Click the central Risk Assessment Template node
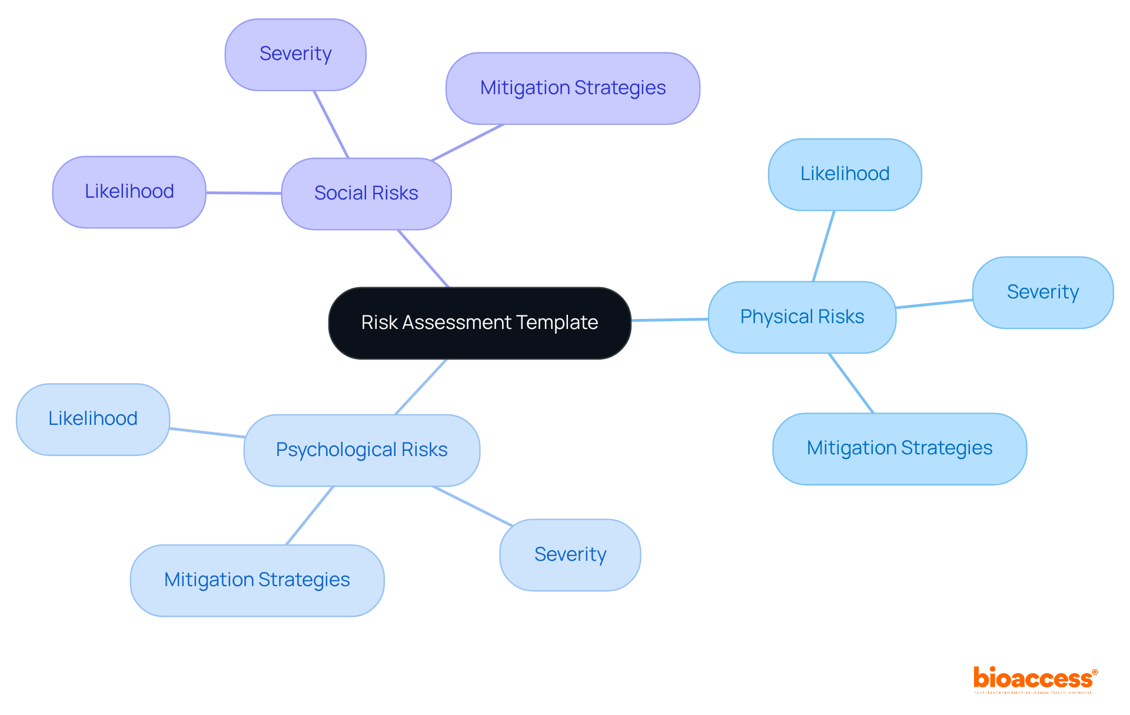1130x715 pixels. tap(480, 323)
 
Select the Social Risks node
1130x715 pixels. tap(366, 194)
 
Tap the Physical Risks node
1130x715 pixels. tap(802, 317)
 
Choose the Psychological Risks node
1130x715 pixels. tap(361, 450)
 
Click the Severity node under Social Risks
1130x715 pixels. tap(295, 54)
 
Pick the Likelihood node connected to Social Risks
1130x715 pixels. tap(129, 192)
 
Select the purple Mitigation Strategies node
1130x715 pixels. tap(573, 88)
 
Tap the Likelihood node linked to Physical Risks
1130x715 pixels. tap(845, 174)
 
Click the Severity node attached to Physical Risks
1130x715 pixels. tap(1042, 292)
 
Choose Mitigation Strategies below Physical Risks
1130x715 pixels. tap(899, 448)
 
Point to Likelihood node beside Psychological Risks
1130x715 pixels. tap(93, 419)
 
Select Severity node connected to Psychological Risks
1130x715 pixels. tap(570, 555)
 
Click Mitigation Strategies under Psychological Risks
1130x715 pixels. tap(257, 580)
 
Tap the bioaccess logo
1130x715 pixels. tap(1035, 679)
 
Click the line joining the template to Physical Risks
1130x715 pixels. tap(670, 320)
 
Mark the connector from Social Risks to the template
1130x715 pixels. tap(424, 258)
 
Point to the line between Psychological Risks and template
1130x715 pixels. tap(421, 387)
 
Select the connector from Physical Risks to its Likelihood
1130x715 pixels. tap(824, 245)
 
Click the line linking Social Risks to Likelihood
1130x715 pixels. tap(244, 192)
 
